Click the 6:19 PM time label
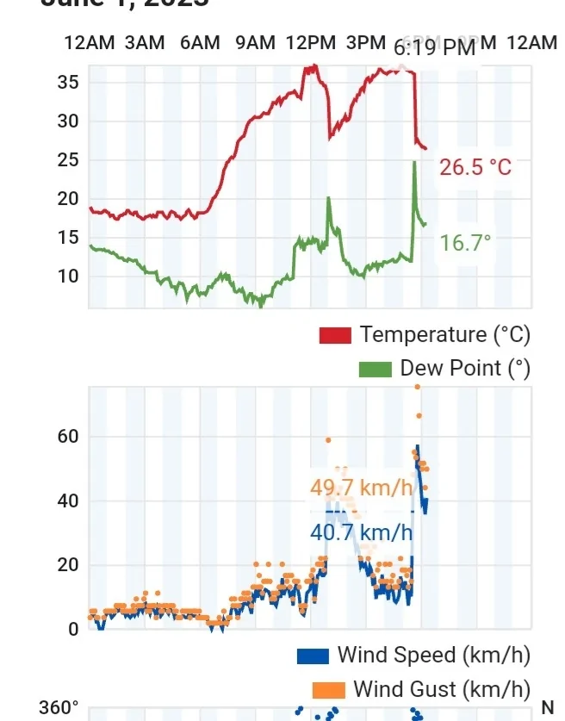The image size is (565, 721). pos(434,48)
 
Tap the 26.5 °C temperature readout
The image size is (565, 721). pos(475,167)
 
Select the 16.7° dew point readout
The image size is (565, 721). pos(465,243)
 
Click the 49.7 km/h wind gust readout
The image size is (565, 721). pos(362,488)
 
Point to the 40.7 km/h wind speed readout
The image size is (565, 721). pos(362,532)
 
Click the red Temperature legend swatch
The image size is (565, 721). pos(335,335)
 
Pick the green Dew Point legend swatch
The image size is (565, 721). pos(375,370)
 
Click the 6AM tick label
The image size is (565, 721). pos(200,43)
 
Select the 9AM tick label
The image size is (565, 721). pos(256,43)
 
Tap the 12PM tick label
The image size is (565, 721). pos(310,43)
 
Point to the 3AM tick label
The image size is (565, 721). pos(144,43)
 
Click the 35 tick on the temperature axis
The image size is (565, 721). pos(68,83)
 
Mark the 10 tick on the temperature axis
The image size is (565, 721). pos(68,277)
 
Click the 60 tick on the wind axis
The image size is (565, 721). pos(69,437)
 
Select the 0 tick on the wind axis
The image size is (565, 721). pos(73,629)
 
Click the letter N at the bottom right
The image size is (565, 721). pos(548,708)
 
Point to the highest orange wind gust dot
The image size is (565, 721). pos(418,387)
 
